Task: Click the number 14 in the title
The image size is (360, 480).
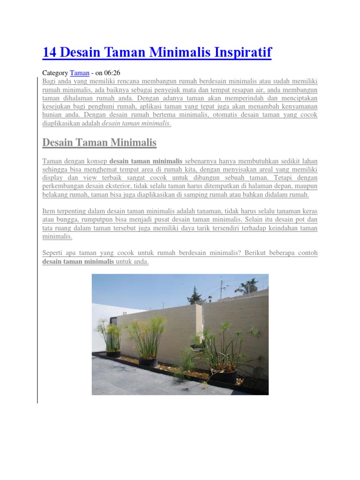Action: (x=49, y=52)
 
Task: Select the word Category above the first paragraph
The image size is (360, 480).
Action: (x=55, y=73)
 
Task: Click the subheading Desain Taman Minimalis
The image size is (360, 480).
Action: (x=99, y=142)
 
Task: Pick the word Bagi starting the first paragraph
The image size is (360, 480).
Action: (x=48, y=81)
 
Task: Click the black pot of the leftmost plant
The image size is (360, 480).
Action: (x=113, y=354)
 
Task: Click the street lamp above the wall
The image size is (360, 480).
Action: (x=210, y=298)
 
